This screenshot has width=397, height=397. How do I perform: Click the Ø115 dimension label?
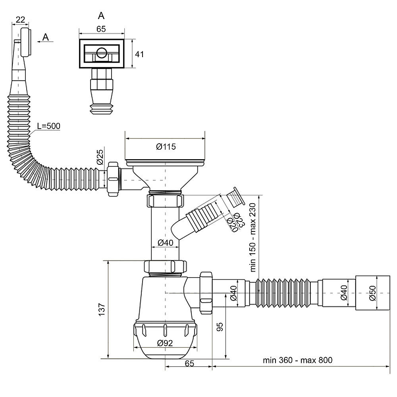(166, 146)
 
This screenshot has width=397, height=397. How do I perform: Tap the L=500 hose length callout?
(48, 126)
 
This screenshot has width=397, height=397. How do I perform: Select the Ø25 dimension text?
(100, 157)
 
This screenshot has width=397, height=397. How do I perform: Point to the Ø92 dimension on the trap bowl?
(165, 343)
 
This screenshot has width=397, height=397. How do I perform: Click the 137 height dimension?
(102, 309)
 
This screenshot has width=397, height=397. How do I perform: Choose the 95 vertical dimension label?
(220, 327)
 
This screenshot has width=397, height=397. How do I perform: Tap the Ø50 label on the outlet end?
(372, 293)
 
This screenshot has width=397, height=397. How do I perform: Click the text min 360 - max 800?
(297, 360)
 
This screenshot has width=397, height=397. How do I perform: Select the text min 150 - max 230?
(253, 237)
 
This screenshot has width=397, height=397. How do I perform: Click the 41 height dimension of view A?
(139, 54)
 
